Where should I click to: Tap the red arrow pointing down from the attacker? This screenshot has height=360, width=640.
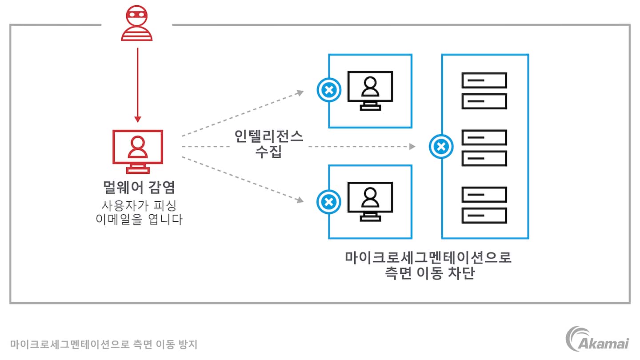point(138,84)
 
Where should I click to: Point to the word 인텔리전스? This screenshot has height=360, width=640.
point(269,136)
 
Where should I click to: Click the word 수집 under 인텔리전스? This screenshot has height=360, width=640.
point(268,152)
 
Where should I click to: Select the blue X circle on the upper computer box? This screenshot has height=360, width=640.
point(328,90)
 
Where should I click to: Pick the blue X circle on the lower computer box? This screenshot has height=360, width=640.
point(328,202)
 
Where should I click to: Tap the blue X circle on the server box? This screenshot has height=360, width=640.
point(441,146)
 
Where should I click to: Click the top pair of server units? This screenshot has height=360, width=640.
point(484,91)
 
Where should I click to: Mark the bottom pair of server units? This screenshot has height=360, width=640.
point(484,205)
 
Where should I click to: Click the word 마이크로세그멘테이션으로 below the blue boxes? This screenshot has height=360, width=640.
point(428,257)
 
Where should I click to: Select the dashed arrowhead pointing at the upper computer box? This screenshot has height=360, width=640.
point(300,92)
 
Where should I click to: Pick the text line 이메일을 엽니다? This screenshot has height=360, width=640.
point(139,220)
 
